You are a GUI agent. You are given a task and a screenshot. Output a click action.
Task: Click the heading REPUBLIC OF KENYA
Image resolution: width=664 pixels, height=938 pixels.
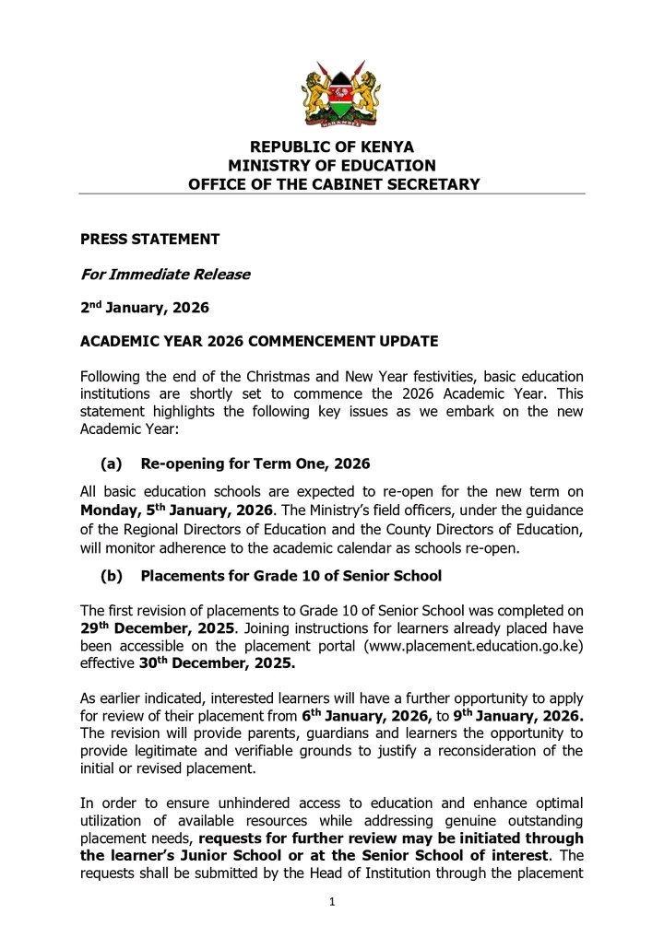coord(333,147)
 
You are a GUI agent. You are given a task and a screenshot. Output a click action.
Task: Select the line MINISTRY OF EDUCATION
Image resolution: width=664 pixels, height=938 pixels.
coord(332,166)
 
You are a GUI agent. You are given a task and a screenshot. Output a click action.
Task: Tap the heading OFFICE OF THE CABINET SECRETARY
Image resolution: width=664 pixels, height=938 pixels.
coord(334,184)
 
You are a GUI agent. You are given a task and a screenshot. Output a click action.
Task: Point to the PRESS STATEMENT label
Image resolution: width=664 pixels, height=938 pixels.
coord(150,240)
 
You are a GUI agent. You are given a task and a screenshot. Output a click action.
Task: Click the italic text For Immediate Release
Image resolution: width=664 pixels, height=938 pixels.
coord(165,275)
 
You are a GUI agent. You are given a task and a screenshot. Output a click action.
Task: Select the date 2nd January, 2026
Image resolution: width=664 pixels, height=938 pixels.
coord(145,308)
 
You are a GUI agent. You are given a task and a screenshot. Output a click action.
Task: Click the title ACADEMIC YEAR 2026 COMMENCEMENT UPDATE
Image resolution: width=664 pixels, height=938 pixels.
coord(259,342)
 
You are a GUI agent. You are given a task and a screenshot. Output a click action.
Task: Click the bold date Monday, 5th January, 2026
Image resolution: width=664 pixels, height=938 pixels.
coord(176,510)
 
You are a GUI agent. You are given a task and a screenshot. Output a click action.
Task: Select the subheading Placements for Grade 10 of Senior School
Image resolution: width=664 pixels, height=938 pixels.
coord(290,577)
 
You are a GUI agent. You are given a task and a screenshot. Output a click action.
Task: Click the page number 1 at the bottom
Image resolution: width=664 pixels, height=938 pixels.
coord(332,902)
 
